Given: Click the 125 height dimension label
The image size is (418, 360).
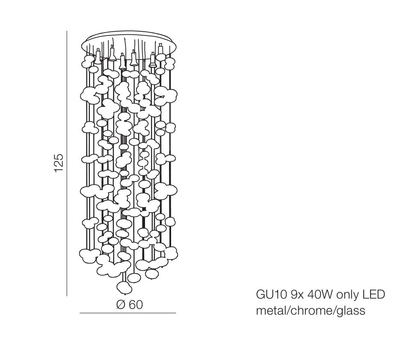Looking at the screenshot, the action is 59,163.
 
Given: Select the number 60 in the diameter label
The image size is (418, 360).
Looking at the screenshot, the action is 136,304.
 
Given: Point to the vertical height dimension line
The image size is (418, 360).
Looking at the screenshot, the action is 67,163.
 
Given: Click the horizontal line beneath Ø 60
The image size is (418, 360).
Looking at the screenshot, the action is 127,313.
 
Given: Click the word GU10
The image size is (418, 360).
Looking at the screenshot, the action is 271,295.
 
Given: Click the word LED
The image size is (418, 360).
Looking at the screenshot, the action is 373,295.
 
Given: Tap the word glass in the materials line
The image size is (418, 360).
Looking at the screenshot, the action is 351,311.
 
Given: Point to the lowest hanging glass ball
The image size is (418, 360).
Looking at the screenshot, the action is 125,288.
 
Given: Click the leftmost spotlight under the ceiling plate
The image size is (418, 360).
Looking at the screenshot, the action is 98,57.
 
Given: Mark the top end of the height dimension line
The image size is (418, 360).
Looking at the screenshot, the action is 67,31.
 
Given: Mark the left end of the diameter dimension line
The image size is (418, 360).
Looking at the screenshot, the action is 80,313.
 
